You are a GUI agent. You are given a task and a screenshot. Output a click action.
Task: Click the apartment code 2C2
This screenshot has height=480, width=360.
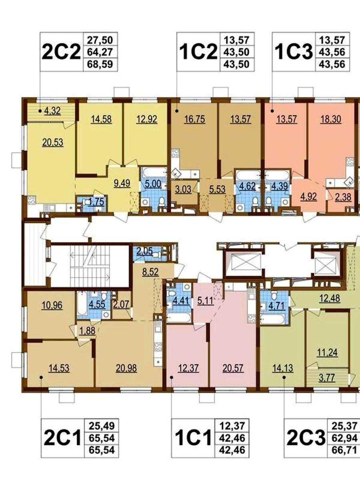tap(62, 52)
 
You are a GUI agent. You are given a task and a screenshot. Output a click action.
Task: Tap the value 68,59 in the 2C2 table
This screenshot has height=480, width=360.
tap(100, 64)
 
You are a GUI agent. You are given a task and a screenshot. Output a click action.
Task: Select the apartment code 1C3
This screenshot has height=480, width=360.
tap(294, 52)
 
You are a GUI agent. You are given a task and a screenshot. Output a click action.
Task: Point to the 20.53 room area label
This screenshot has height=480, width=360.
tap(53, 142)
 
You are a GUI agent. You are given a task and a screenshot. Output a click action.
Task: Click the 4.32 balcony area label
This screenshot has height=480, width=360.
tap(52, 111)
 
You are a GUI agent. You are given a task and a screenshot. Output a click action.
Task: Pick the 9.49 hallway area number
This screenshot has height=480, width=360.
tap(122, 183)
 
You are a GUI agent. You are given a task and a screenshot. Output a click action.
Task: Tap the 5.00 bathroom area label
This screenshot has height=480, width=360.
tap(153, 184)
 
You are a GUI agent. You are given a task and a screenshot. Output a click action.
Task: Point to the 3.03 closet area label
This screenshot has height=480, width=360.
tap(183, 189)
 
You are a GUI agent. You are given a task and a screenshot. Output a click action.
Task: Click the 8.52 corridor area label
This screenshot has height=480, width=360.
tap(150, 273)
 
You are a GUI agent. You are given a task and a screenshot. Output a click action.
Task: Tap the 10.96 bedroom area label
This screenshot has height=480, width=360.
tap(52, 305)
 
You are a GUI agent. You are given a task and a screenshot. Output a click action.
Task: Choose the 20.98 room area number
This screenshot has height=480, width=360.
tap(126, 368)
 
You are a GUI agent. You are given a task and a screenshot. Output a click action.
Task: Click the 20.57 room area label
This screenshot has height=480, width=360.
tap(233, 368)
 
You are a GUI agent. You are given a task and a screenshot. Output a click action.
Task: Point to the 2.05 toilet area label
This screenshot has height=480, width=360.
tap(144, 252)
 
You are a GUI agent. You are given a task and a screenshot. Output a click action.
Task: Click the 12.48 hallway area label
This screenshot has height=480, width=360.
tap(330, 298)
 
